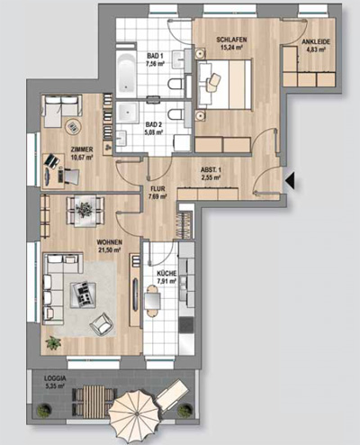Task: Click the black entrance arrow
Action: pos(292,181)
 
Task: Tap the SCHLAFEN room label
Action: pos(231,40)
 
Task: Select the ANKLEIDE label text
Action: pos(316,42)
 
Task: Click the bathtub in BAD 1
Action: pos(126,72)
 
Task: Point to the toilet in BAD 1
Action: pos(175,84)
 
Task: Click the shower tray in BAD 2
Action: pos(128,113)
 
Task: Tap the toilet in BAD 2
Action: pos(175,114)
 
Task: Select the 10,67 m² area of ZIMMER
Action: pos(81,157)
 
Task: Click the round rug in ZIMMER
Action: pos(73,127)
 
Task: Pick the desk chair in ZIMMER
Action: pos(69,175)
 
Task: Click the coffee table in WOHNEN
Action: pos(84,295)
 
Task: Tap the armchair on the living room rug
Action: pos(102,324)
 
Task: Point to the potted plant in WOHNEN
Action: pos(53,342)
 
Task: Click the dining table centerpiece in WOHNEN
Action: pos(85,209)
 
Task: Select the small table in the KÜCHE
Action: pos(152,301)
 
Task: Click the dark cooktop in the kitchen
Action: pos(186,325)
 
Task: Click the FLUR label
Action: pos(157,189)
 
